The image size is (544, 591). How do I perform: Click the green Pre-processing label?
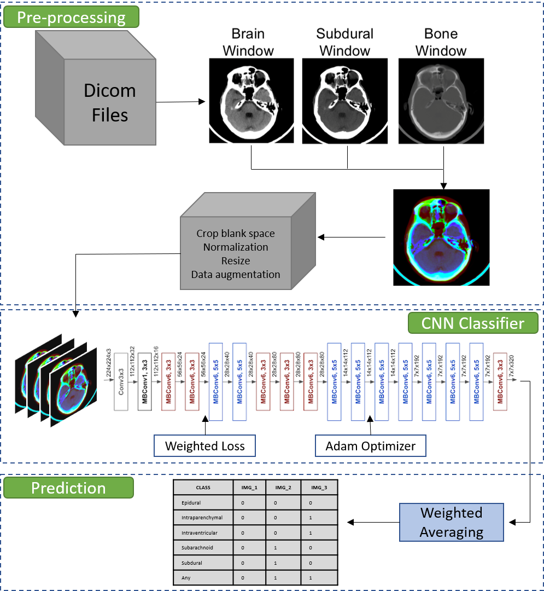(x=71, y=18)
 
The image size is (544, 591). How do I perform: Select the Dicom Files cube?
(x=96, y=90)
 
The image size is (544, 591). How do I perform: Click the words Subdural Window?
(x=345, y=42)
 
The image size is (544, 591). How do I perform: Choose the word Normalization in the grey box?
(x=236, y=247)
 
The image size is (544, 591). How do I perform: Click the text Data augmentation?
(x=236, y=275)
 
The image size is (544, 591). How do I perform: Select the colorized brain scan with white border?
(x=443, y=236)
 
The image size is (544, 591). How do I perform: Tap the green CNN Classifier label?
(x=473, y=323)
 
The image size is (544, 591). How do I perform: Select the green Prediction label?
(x=68, y=488)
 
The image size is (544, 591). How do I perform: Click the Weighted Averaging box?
(x=452, y=522)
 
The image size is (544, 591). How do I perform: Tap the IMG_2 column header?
(x=283, y=488)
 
